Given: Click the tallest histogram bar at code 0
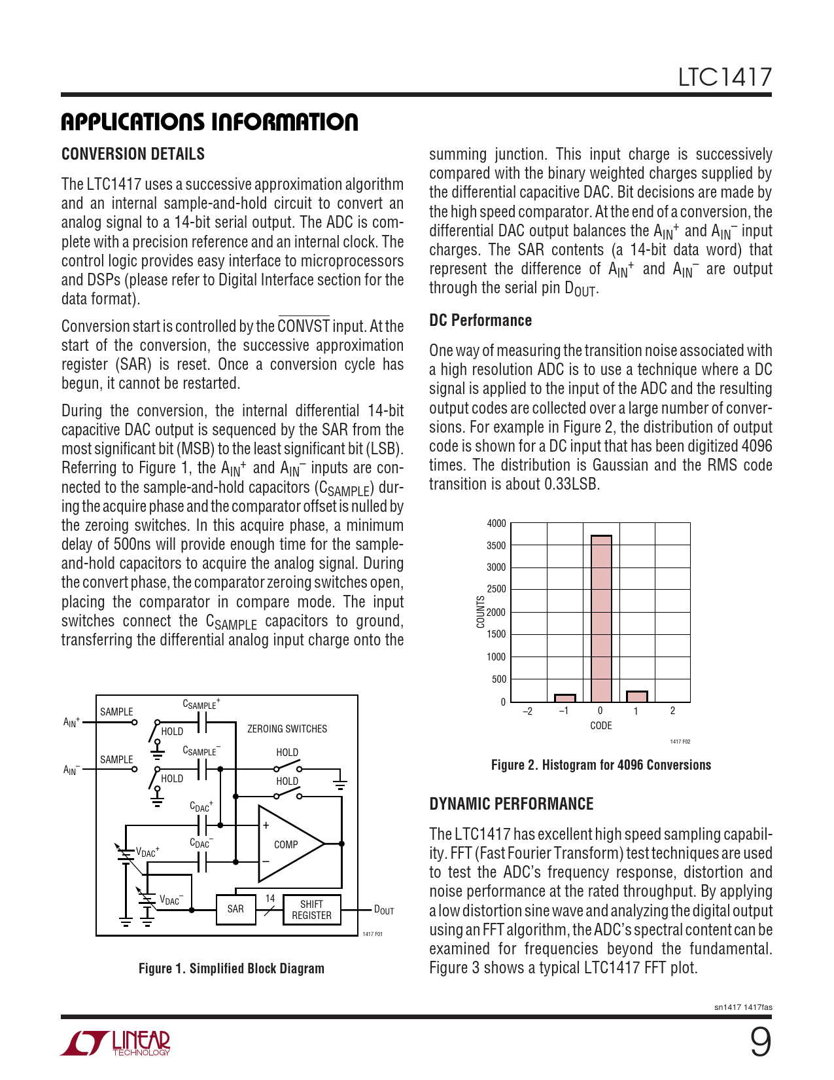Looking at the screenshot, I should pos(601,619).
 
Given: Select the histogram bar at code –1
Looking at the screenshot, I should pos(565,698).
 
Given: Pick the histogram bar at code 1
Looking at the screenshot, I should pos(636,696).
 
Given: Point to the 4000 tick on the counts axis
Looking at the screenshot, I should pos(496,523).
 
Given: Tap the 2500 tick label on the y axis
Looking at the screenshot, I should pos(496,589).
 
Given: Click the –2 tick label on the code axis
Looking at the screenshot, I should pos(527,711).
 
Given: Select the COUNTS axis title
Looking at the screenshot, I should pos(481,612).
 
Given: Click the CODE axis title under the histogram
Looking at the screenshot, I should pos(600,725).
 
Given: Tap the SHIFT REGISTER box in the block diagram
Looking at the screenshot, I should pos(311,910).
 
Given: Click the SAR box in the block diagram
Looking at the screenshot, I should pos(235,909).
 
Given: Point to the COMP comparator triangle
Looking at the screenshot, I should pos(288,844).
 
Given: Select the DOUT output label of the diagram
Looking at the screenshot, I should pos(384,910).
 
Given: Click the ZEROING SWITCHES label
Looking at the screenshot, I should pos(287,729).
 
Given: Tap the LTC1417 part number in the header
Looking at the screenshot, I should pos(724,77).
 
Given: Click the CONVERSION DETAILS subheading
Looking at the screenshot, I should pos(133,154).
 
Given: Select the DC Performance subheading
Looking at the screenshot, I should pos(480,320).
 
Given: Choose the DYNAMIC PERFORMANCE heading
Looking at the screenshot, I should pos(511,804).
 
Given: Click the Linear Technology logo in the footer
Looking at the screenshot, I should pos(116,1043).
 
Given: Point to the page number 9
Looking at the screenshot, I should pos(760,1042).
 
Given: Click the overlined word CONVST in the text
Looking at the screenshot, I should pos(304,326).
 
